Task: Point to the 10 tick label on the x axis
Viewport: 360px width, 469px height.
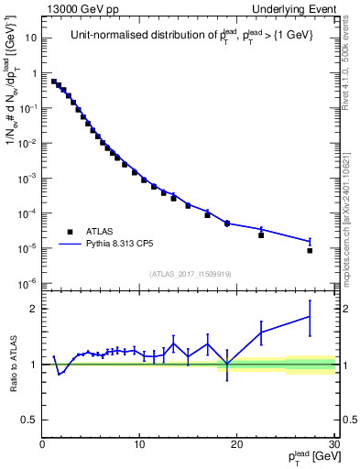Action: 139,444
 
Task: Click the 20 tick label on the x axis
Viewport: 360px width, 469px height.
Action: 236,444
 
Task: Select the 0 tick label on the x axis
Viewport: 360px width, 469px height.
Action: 42,444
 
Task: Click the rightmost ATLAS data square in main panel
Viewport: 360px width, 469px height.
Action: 310,250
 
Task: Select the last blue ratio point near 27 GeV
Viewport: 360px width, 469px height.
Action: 310,317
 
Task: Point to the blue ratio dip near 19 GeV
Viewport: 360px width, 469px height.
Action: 227,365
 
